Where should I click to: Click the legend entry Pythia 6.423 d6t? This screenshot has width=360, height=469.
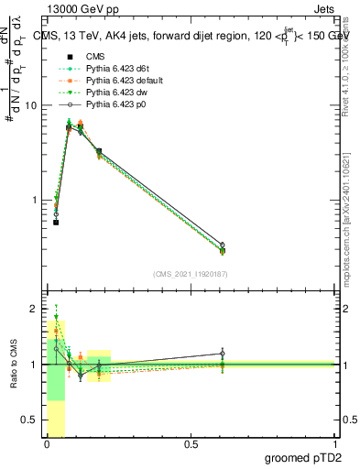pos(107,68)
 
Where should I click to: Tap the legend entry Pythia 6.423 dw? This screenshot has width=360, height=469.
pos(105,92)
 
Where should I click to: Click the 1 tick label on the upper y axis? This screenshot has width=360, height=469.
pos(37,200)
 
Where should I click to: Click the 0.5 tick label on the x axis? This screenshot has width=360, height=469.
pos(191,444)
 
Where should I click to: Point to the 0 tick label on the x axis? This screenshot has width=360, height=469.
pos(47,444)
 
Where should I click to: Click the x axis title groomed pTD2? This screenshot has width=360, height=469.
pos(306,458)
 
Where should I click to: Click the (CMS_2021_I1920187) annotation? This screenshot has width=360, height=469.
pos(191,274)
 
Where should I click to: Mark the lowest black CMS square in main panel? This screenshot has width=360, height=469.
pos(56,223)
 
